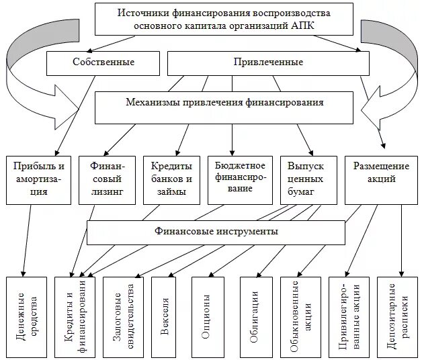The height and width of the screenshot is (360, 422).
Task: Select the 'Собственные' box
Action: (103, 62)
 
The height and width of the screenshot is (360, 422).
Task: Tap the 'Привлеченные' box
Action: (267, 62)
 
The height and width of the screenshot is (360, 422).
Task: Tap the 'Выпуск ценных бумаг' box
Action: (306, 179)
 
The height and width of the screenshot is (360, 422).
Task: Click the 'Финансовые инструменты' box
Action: (216, 232)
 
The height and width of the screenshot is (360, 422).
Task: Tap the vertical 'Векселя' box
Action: (166, 314)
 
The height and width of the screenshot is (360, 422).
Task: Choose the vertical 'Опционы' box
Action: (206, 314)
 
